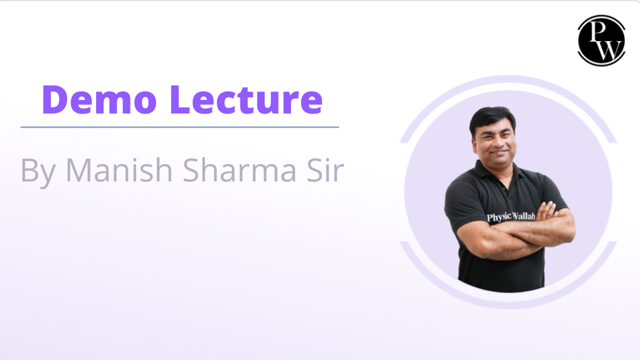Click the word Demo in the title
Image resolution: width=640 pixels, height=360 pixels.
pyautogui.click(x=99, y=99)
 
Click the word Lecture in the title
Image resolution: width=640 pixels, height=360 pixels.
pyautogui.click(x=246, y=99)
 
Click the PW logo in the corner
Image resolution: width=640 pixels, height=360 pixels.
pyautogui.click(x=601, y=40)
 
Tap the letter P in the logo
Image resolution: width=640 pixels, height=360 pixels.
pyautogui.click(x=597, y=31)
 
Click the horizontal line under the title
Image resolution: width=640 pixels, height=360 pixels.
pyautogui.click(x=179, y=127)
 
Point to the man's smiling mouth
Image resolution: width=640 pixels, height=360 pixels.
pyautogui.click(x=499, y=152)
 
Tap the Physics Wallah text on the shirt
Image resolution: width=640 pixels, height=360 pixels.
pyautogui.click(x=511, y=216)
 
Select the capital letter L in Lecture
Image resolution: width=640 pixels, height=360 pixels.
pyautogui.click(x=179, y=99)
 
